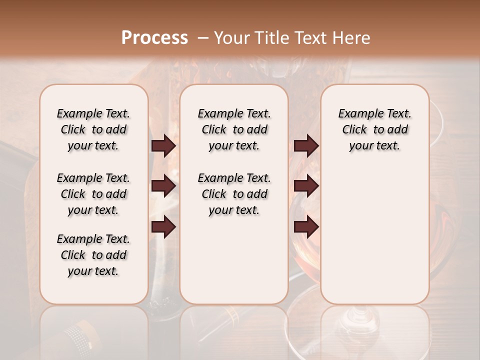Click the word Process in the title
[154, 38]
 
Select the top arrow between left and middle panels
[163, 145]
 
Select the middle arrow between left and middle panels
[163, 186]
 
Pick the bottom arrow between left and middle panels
[163, 227]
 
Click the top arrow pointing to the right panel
[306, 145]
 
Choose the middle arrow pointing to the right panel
[306, 186]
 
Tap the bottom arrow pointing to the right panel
[306, 227]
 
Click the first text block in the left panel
[93, 129]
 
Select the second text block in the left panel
[93, 194]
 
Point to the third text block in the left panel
[93, 255]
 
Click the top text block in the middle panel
[234, 129]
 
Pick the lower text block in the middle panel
[234, 194]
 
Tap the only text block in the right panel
[374, 129]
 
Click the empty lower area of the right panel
[374, 235]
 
